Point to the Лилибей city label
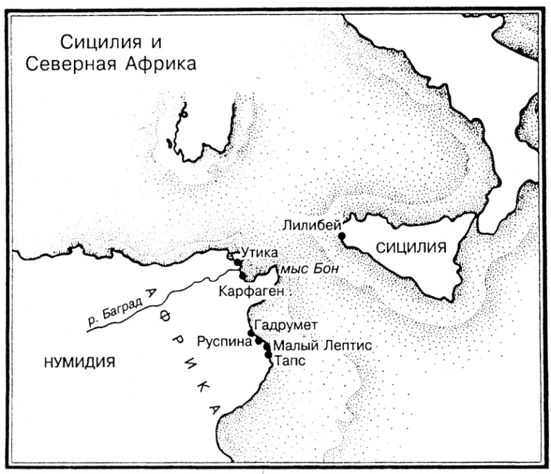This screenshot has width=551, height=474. pyautogui.click(x=312, y=225)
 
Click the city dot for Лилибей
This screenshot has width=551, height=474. pyautogui.click(x=341, y=236)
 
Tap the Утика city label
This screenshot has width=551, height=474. pyautogui.click(x=258, y=251)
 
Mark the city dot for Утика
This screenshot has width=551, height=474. pyautogui.click(x=238, y=262)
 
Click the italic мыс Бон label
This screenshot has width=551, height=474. pyautogui.click(x=304, y=269)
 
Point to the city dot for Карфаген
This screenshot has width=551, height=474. pyautogui.click(x=241, y=276)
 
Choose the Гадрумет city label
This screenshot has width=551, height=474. pyautogui.click(x=286, y=325)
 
